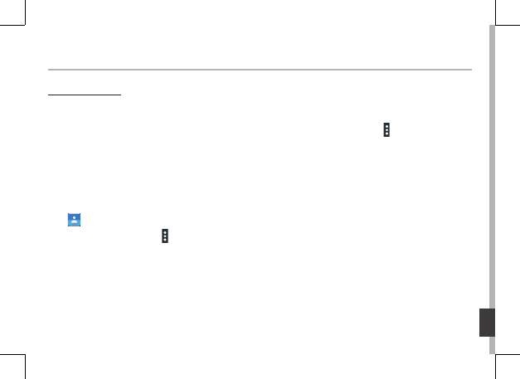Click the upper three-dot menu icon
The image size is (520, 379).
[386, 131]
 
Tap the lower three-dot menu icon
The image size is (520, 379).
[165, 236]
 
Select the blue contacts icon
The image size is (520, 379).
[75, 220]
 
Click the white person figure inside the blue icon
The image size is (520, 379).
[75, 220]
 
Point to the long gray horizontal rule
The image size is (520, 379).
[260, 70]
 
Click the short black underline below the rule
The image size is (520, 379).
[84, 95]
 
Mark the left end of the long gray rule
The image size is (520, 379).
[48, 70]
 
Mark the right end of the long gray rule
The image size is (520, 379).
[471, 70]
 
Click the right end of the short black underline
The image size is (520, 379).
[120, 95]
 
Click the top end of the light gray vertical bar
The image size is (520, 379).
[492, 27]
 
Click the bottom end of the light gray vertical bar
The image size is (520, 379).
[492, 352]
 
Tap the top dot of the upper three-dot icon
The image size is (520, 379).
[386, 127]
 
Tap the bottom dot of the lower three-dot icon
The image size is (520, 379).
[165, 241]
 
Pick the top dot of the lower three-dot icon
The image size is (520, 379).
[165, 232]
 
